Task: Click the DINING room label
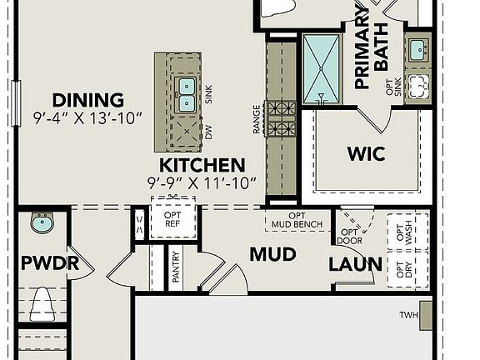pyautogui.click(x=87, y=100)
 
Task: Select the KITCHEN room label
pyautogui.click(x=202, y=165)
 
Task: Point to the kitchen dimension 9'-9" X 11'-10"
pyautogui.click(x=202, y=182)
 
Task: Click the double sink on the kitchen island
pyautogui.click(x=187, y=94)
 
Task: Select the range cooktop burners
pyautogui.click(x=281, y=118)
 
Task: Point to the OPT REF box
pyautogui.click(x=172, y=219)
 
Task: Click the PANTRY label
pyautogui.click(x=176, y=267)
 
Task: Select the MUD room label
pyautogui.click(x=272, y=254)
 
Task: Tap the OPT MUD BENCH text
pyautogui.click(x=297, y=220)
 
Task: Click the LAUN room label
pyautogui.click(x=355, y=265)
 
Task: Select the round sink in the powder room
pyautogui.click(x=41, y=222)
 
